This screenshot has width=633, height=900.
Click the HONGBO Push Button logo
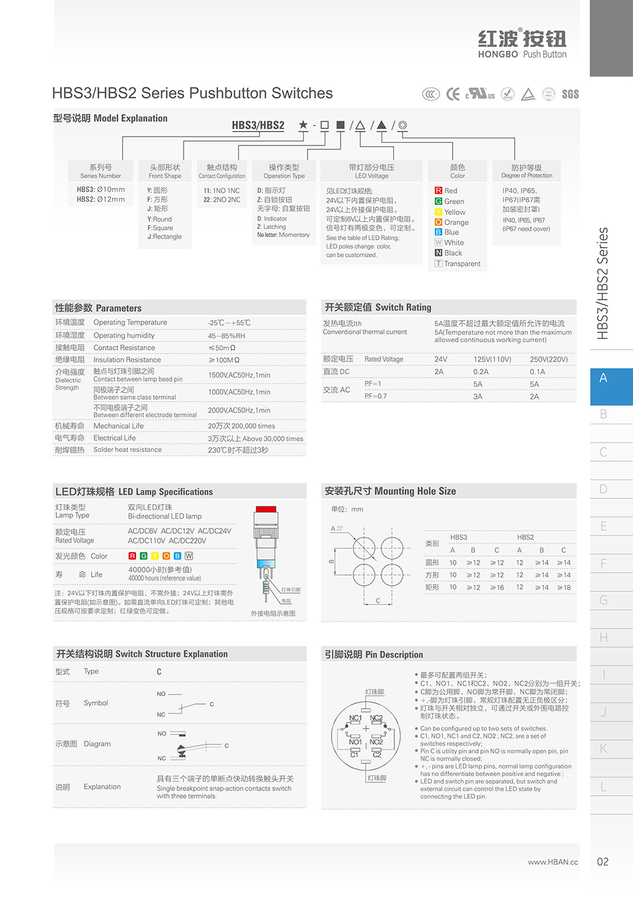[522, 44]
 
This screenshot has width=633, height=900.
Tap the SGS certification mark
[570, 94]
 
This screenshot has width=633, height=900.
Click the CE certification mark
[453, 94]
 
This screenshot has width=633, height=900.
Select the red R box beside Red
[439, 190]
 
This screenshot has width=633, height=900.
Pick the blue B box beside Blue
[439, 232]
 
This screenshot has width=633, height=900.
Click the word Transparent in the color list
[462, 264]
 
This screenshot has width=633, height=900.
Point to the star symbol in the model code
[303, 125]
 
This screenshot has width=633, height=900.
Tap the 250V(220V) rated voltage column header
[548, 359]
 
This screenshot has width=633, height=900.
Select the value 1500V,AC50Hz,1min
[239, 375]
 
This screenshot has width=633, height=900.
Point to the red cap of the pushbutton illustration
[266, 509]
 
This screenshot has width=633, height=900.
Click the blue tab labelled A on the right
[604, 378]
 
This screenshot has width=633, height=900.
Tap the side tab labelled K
[604, 749]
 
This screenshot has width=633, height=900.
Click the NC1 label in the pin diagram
[355, 718]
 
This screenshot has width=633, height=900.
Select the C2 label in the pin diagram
[377, 755]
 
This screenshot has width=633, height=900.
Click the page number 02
[603, 861]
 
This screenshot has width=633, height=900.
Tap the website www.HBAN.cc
[553, 862]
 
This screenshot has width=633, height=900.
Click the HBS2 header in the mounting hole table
[525, 537]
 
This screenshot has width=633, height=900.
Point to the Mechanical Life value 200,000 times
[241, 426]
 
